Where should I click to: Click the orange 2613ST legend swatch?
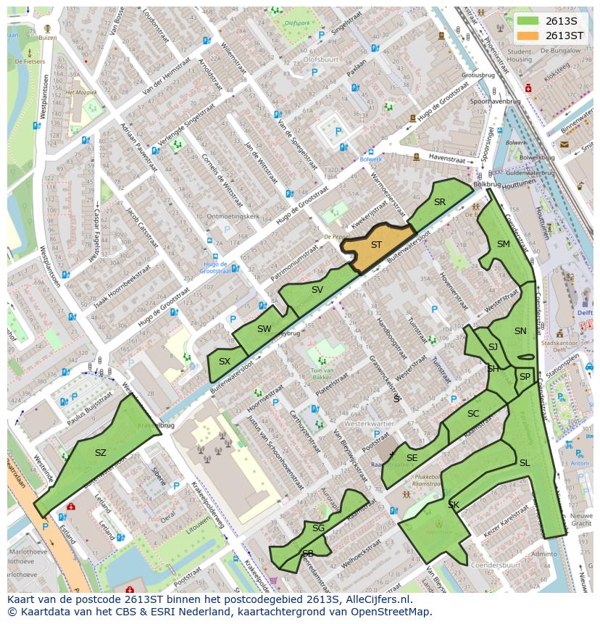tap(528, 36)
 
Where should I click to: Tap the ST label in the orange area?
tap(376, 245)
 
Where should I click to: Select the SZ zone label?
tap(101, 453)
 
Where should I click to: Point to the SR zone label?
tap(439, 202)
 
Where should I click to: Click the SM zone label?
tap(503, 244)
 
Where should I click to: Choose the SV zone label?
tap(317, 290)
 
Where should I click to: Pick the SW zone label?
tap(264, 329)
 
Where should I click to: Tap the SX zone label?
tap(225, 362)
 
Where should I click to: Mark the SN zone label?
tap(520, 331)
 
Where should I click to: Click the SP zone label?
tap(524, 377)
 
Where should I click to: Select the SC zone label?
tap(473, 414)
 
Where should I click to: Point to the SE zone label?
tap(412, 458)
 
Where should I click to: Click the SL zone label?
tap(524, 463)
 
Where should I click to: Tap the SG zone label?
tap(318, 528)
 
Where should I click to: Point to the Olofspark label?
tap(298, 22)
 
